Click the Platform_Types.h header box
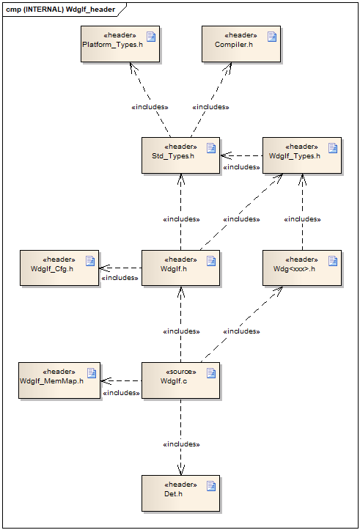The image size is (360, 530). (120, 44)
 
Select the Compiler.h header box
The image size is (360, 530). (241, 44)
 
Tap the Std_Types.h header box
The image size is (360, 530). (180, 155)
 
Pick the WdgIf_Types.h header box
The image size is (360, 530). (302, 155)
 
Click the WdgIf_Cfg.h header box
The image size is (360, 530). (59, 268)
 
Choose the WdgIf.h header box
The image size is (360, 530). (180, 268)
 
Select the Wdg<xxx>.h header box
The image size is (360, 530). (302, 268)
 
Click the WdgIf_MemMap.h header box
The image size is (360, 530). (59, 380)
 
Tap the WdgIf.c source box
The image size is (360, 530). (180, 380)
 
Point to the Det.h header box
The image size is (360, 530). (180, 493)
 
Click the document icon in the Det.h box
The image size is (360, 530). (211, 486)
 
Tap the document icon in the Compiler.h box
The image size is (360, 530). (272, 37)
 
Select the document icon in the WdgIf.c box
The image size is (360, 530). (211, 373)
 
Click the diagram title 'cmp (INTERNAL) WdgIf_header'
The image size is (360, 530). (61, 10)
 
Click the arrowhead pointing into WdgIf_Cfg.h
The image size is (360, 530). (104, 268)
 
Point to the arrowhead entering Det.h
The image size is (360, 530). (181, 470)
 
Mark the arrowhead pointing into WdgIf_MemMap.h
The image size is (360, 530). (106, 381)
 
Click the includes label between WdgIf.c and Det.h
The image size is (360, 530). (181, 443)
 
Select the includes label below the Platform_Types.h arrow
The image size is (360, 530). (150, 107)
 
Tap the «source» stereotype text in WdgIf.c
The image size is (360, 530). (181, 372)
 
